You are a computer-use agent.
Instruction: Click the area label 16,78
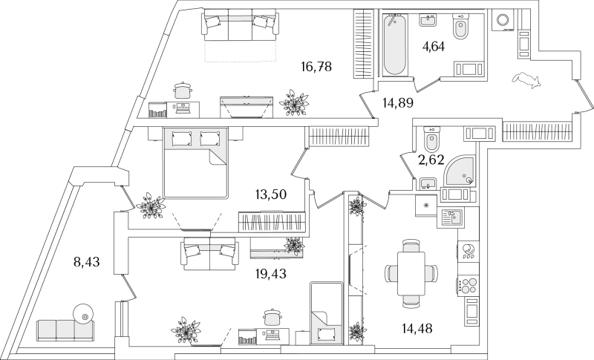pyautogui.click(x=316, y=68)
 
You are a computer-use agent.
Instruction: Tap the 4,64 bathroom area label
pyautogui.click(x=433, y=47)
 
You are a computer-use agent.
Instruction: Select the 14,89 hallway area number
pyautogui.click(x=397, y=102)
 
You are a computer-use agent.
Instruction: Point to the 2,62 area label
pyautogui.click(x=431, y=160)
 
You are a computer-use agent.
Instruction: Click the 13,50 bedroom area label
pyautogui.click(x=270, y=194)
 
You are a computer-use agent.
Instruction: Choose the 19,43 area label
pyautogui.click(x=270, y=273)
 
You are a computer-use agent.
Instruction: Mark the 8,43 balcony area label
pyautogui.click(x=86, y=261)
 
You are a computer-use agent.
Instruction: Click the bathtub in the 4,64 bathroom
pyautogui.click(x=394, y=45)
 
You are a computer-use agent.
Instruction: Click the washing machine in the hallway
pyautogui.click(x=504, y=20)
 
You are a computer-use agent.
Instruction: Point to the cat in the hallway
pyautogui.click(x=526, y=80)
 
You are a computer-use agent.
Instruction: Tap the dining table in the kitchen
pyautogui.click(x=411, y=272)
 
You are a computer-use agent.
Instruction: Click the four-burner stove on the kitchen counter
pyautogui.click(x=467, y=285)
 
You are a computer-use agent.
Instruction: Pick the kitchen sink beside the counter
pyautogui.click(x=451, y=217)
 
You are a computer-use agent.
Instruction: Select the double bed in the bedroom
pyautogui.click(x=195, y=163)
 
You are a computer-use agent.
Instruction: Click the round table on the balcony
pyautogui.click(x=83, y=314)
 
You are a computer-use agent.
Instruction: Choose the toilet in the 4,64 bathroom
pyautogui.click(x=460, y=26)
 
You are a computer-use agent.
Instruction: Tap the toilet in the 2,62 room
pyautogui.click(x=431, y=139)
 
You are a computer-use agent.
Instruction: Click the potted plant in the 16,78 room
pyautogui.click(x=294, y=102)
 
